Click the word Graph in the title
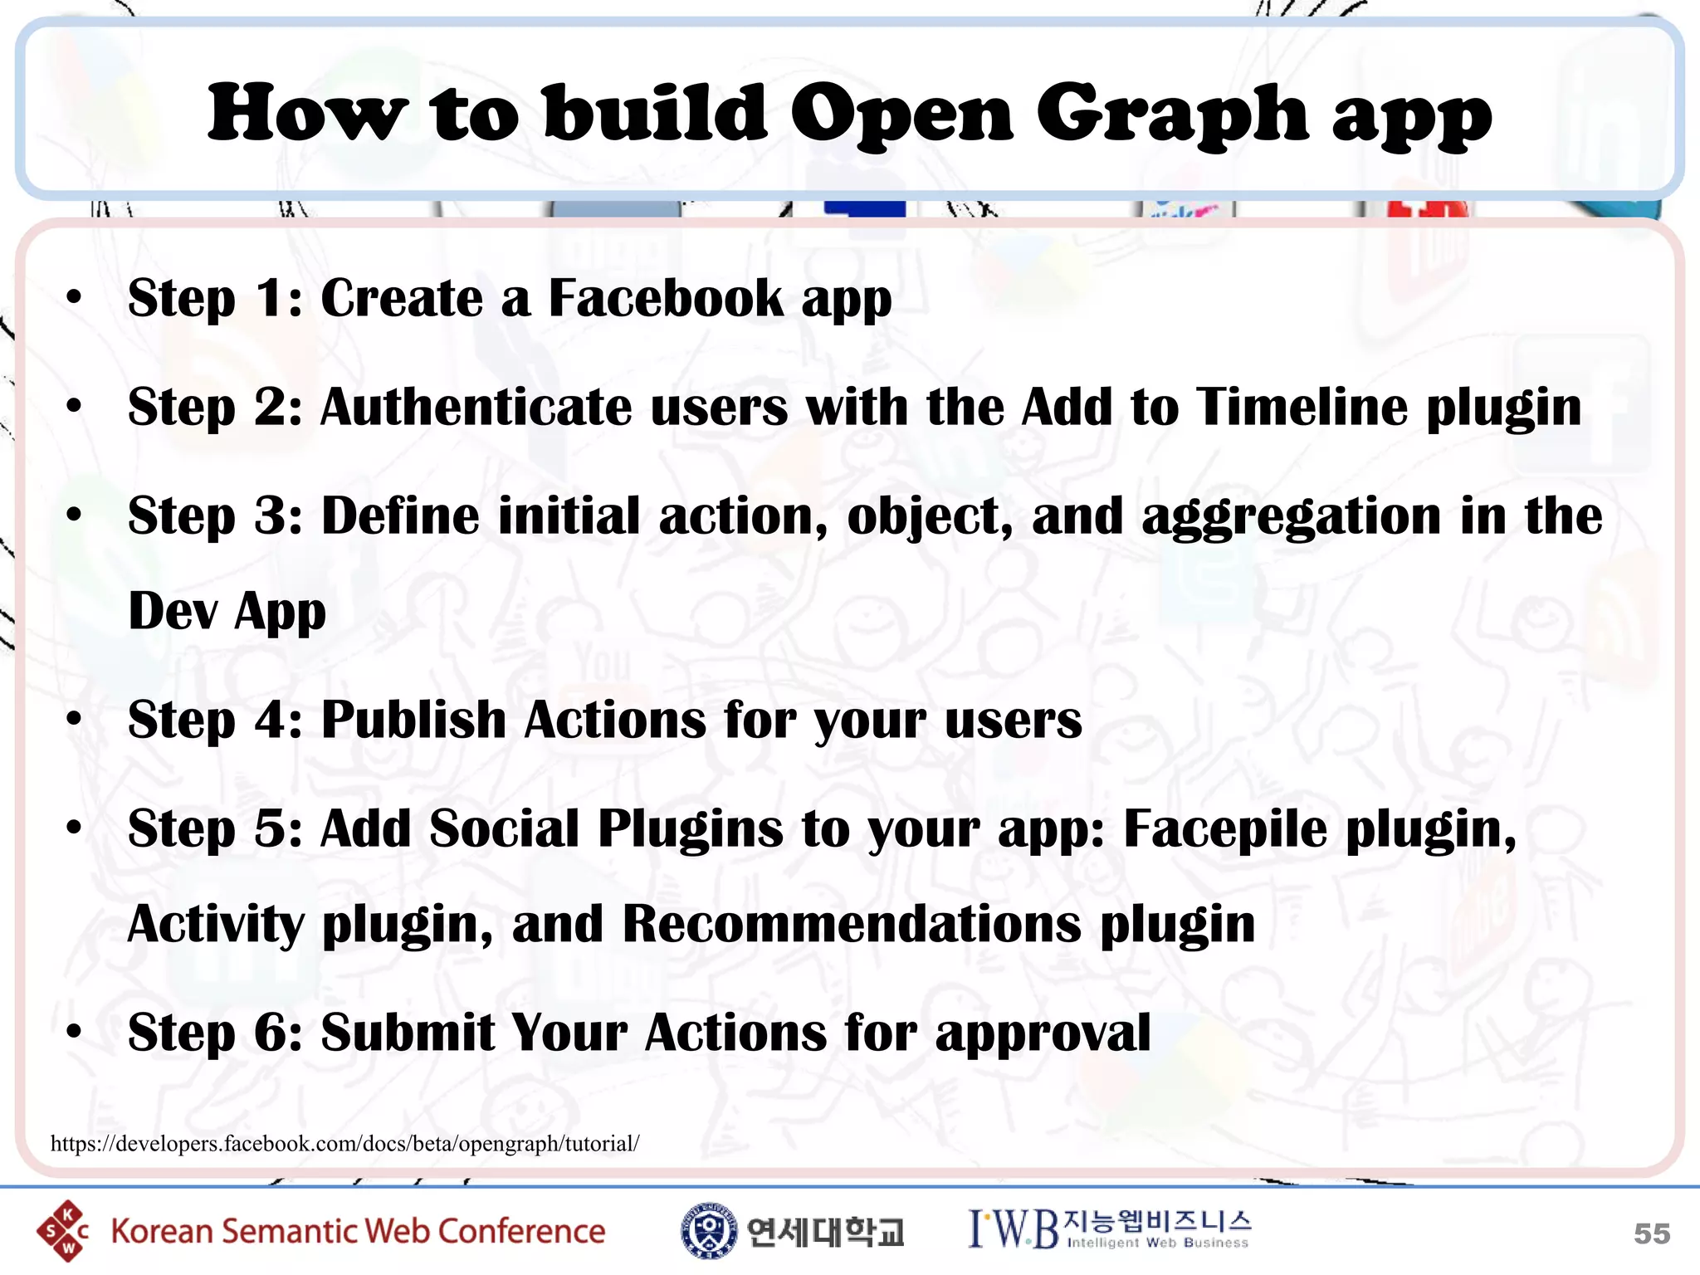click(x=1172, y=115)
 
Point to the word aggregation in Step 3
click(x=1292, y=516)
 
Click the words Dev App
click(x=227, y=611)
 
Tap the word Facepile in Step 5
click(x=1225, y=828)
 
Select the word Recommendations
click(x=852, y=923)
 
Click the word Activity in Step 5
click(x=216, y=923)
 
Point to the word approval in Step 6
click(x=1043, y=1033)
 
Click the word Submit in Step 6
click(x=408, y=1033)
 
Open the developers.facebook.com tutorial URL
click(x=344, y=1144)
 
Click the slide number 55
click(x=1651, y=1233)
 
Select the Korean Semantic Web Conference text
click(x=358, y=1231)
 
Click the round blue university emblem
click(x=708, y=1230)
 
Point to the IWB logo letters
click(x=1014, y=1229)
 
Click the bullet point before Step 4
click(x=75, y=719)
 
